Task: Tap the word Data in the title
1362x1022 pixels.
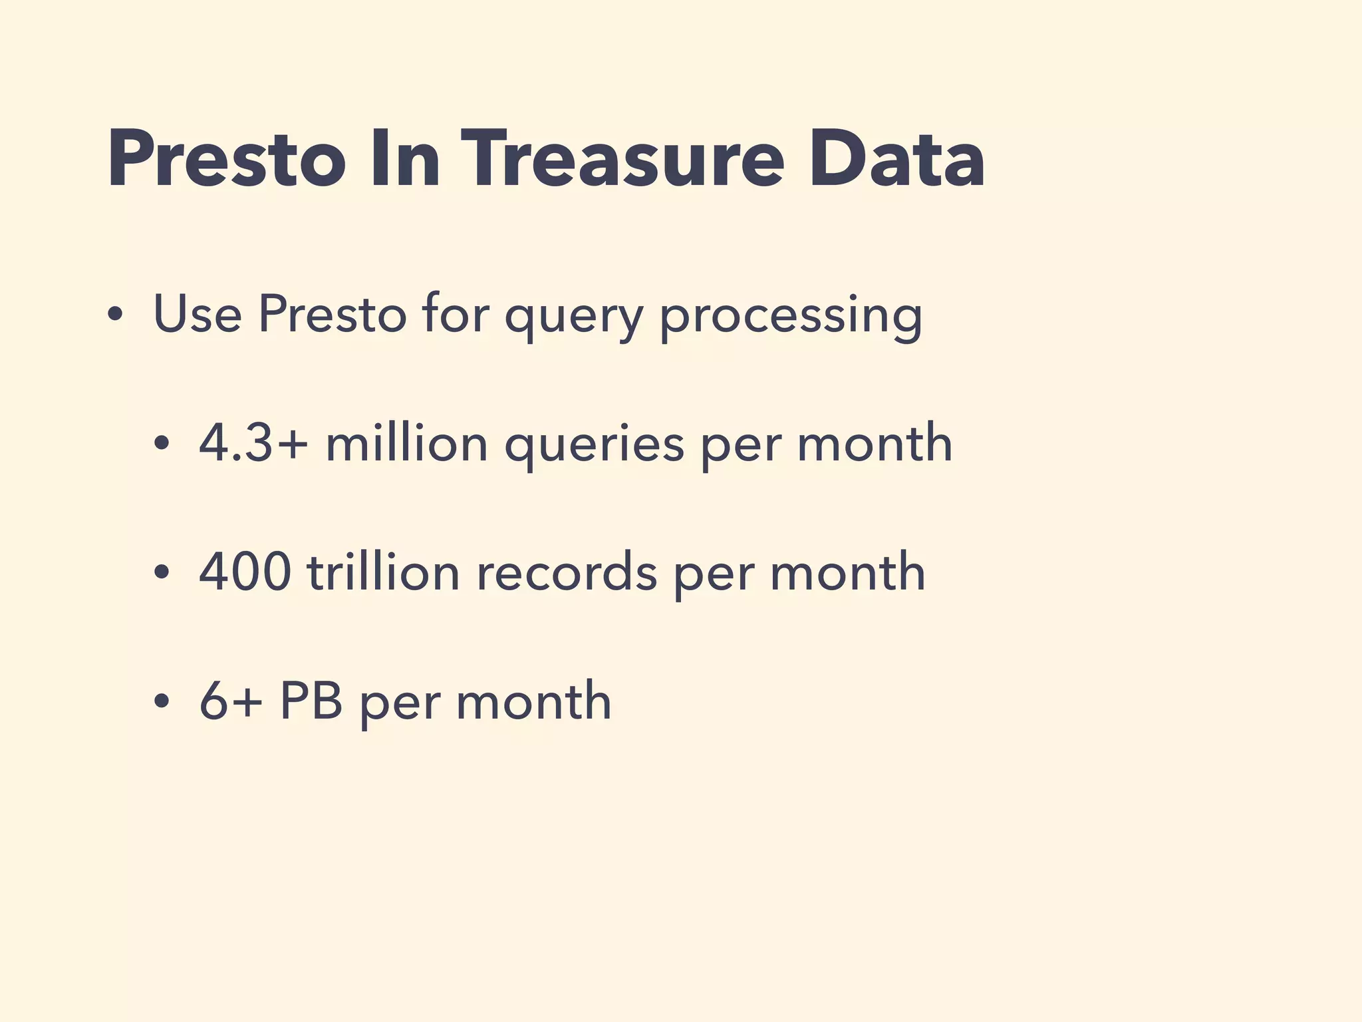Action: pos(896,160)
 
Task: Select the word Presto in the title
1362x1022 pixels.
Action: pos(226,160)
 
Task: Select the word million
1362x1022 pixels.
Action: pos(406,443)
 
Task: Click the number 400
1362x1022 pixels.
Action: pos(245,572)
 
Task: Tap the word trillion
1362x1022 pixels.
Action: pos(383,572)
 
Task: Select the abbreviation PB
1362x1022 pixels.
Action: pos(311,701)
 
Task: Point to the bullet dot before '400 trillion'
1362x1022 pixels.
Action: pos(162,573)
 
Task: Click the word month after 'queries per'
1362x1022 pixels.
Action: pos(875,443)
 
